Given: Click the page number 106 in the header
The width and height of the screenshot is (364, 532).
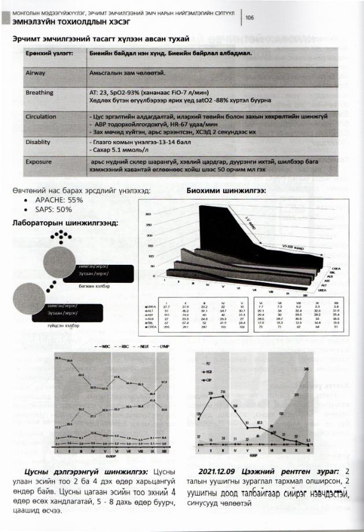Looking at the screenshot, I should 250,18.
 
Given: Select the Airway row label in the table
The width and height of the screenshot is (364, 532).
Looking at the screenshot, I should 36,74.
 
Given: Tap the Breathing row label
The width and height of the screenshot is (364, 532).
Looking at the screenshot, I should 39,92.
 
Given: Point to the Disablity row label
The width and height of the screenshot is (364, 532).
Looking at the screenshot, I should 40,142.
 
